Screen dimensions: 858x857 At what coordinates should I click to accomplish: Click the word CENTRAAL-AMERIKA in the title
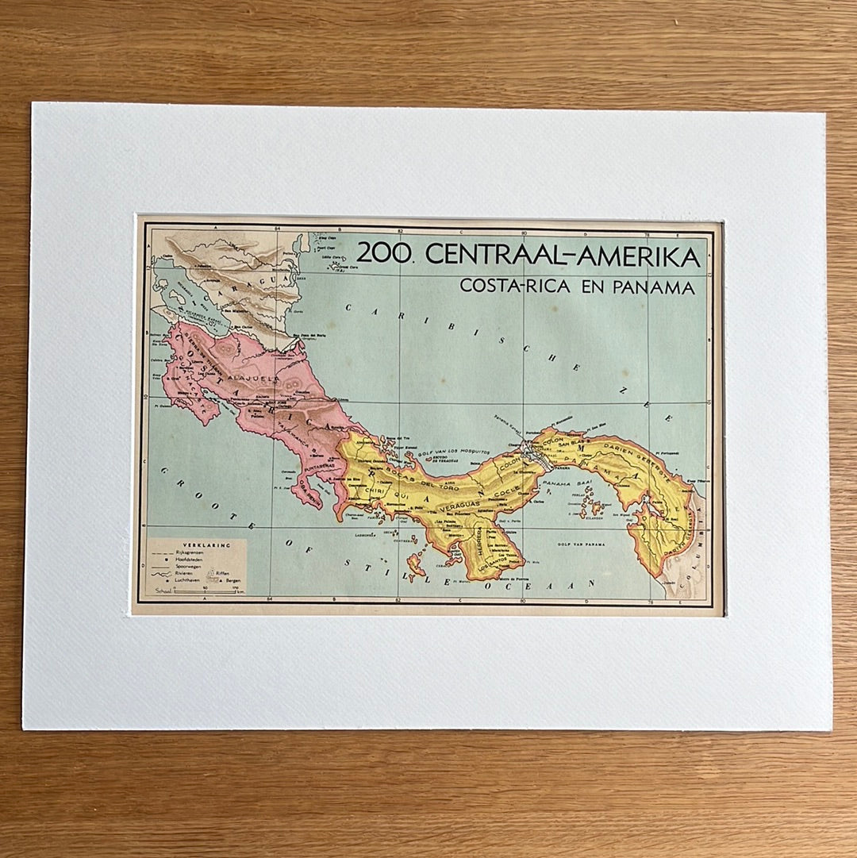tap(564, 256)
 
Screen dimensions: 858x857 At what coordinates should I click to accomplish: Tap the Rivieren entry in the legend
tap(185, 575)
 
